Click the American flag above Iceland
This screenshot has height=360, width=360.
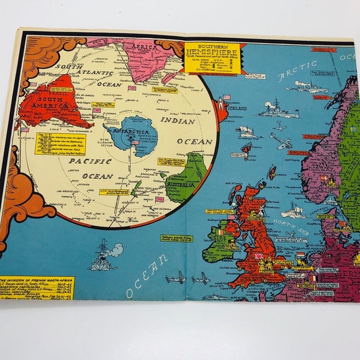(x=227, y=97)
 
